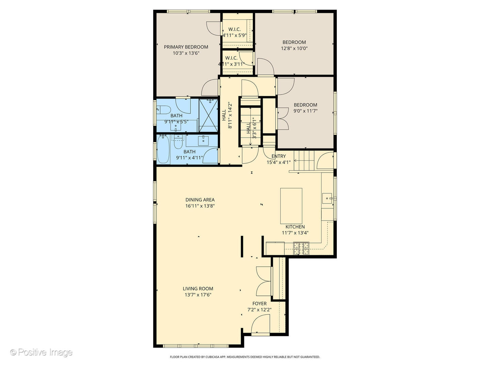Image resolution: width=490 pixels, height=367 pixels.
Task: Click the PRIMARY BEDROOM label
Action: click(x=186, y=47)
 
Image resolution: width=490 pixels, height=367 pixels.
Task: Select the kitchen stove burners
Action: click(x=301, y=248)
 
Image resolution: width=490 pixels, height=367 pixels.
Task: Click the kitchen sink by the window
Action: click(x=327, y=197)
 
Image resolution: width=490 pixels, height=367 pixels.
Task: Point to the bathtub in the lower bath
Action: click(x=163, y=150)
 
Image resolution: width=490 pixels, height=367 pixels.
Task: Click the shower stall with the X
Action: click(x=208, y=115)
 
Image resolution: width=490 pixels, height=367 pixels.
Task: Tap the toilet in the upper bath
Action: click(x=164, y=109)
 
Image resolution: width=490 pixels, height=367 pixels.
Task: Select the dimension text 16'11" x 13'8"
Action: click(x=200, y=206)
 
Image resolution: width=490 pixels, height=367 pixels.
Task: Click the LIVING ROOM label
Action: click(x=198, y=289)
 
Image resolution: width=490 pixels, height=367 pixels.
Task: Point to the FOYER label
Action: click(x=259, y=303)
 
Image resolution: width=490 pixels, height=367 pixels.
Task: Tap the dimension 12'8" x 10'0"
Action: click(x=294, y=48)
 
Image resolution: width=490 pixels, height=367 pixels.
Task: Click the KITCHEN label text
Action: click(x=295, y=227)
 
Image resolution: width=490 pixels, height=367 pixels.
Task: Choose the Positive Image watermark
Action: click(x=41, y=352)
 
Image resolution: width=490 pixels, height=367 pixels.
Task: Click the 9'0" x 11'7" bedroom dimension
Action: click(x=305, y=111)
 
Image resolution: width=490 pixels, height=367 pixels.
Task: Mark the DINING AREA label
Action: click(x=200, y=200)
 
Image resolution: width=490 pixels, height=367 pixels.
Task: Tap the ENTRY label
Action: click(x=278, y=156)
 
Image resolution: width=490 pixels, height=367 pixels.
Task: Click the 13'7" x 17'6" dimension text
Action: click(x=198, y=295)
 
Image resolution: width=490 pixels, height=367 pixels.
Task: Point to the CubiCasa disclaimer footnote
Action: click(x=245, y=357)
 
